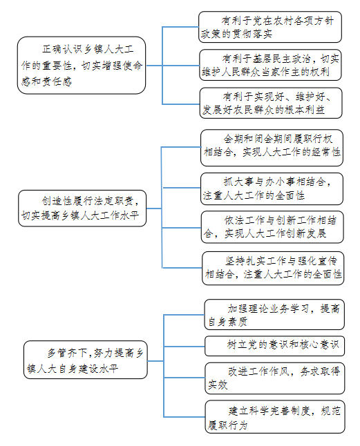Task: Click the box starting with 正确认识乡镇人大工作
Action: point(82,65)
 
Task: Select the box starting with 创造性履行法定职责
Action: point(82,209)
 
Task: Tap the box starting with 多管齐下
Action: point(86,360)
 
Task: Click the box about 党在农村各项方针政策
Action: point(270,27)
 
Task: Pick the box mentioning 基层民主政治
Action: point(270,65)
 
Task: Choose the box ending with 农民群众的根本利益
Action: point(271,103)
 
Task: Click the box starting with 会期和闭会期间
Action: point(272,148)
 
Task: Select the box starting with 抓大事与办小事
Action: point(272,189)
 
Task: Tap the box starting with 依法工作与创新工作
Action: point(272,227)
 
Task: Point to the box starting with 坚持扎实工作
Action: point(273,268)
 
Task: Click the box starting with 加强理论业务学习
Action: point(274,315)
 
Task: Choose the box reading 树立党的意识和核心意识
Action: point(274,346)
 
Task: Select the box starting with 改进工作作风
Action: point(275,378)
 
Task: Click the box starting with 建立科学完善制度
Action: point(275,417)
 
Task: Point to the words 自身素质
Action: point(227,322)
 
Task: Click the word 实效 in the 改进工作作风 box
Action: point(218,385)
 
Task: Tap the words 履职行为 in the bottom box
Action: point(227,425)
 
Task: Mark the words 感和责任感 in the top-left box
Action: point(46,81)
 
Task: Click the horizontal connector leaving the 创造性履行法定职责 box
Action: point(154,209)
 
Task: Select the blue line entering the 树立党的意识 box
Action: point(184,346)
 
